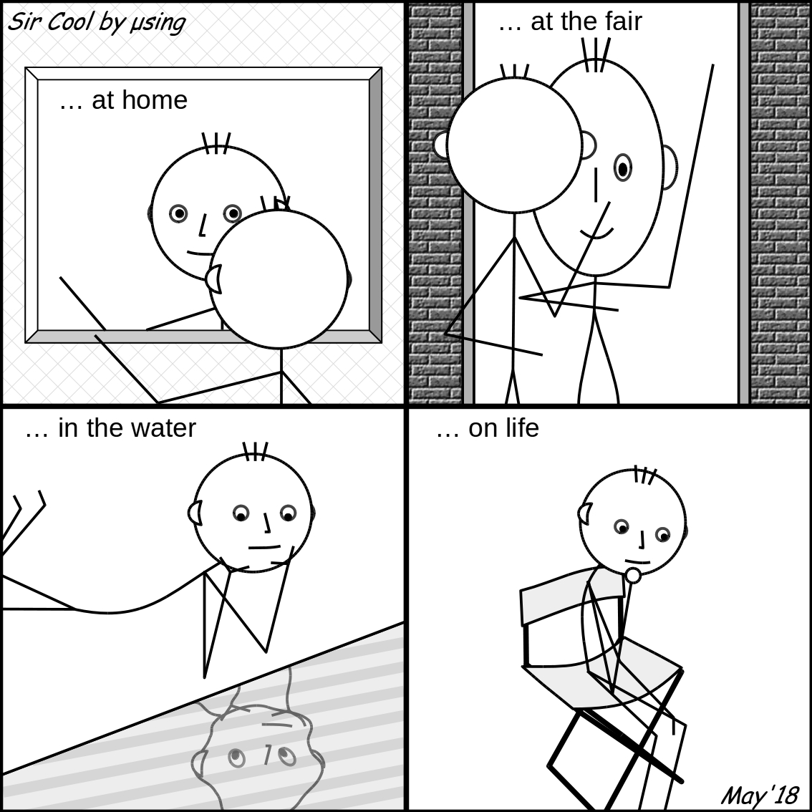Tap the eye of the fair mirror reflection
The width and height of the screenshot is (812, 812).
622,168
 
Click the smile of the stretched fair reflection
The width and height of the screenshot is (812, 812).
596,233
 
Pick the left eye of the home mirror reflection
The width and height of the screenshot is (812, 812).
178,213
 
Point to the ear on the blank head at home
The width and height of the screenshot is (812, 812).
214,279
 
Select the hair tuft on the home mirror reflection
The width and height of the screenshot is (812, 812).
216,143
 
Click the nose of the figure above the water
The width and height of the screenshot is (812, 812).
266,523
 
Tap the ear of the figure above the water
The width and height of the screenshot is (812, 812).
195,513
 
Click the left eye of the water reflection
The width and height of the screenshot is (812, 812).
237,757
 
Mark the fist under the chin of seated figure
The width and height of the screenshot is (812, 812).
632,575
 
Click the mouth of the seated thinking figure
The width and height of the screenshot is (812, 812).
637,561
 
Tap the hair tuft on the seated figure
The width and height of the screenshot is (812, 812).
645,475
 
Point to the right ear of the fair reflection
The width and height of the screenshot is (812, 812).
669,168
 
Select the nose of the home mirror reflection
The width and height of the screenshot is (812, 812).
203,226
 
